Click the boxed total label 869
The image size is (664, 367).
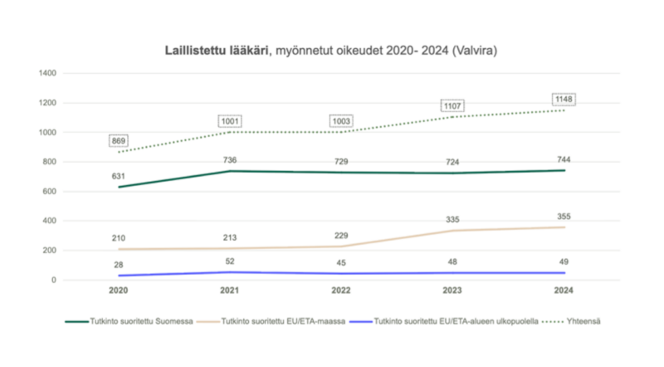point(119,140)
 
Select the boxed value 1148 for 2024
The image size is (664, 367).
point(564,100)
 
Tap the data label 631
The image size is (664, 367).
point(119,175)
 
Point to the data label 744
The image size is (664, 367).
point(564,159)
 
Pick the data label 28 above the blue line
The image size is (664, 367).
point(119,264)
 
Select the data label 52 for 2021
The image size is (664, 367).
point(230,262)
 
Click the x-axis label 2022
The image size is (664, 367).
point(341,291)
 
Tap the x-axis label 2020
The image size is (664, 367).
point(119,291)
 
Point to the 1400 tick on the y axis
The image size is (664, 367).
point(46,73)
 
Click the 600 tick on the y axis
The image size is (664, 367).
point(49,191)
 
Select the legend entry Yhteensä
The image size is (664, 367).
point(576,321)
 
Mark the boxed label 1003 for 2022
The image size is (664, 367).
point(341,120)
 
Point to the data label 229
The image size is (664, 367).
point(341,236)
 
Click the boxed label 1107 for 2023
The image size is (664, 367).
point(452,105)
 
